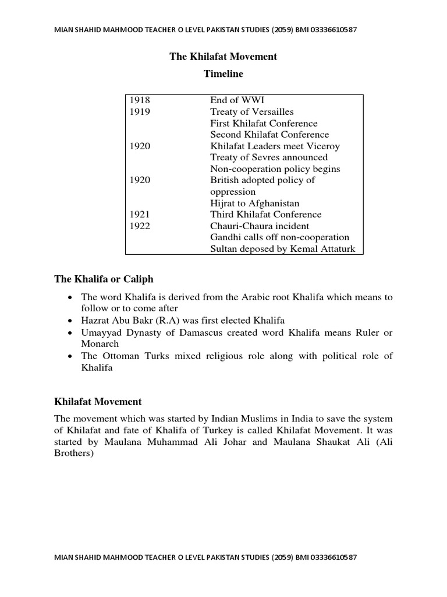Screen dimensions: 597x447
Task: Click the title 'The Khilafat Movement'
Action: pos(223,57)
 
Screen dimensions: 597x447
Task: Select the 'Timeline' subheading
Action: pos(223,74)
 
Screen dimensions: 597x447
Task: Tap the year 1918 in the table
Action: pos(140,100)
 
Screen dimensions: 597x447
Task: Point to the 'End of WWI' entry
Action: pos(237,100)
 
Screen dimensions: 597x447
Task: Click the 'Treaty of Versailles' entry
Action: pos(252,112)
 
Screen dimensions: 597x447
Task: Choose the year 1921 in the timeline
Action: pos(140,215)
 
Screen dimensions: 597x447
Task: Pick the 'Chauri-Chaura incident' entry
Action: pos(260,226)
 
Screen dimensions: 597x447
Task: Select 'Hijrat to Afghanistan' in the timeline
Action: pos(255,203)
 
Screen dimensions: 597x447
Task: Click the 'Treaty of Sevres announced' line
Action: pos(269,157)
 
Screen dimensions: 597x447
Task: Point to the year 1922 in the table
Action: pos(140,226)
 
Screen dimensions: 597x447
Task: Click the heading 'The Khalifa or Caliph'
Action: pos(104,279)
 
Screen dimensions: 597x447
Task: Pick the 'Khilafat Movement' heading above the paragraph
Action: pos(98,402)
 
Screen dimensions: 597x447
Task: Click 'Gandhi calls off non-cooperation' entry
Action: pos(279,237)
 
